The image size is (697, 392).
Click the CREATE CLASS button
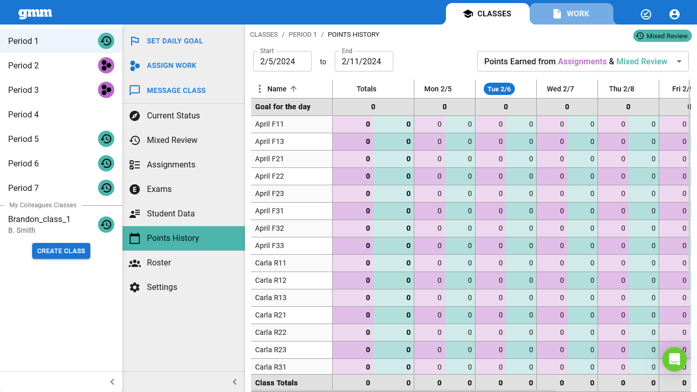coord(61,251)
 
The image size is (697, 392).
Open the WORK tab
coord(571,14)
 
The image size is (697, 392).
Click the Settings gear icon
coord(135,287)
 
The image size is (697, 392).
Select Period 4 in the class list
coord(23,114)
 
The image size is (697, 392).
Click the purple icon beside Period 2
coord(106,65)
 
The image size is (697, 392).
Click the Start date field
coord(282,61)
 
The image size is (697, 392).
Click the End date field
coord(364,61)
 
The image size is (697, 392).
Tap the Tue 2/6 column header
coord(499,89)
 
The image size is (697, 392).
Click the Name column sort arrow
coord(293,89)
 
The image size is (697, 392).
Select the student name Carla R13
coord(270,298)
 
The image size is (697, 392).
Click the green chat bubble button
coord(674,359)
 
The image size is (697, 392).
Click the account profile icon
coord(674,14)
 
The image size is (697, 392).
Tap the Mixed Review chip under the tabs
coord(662,36)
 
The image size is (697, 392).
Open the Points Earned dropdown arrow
coord(679,61)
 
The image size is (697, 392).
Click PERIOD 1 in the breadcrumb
coord(303,35)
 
